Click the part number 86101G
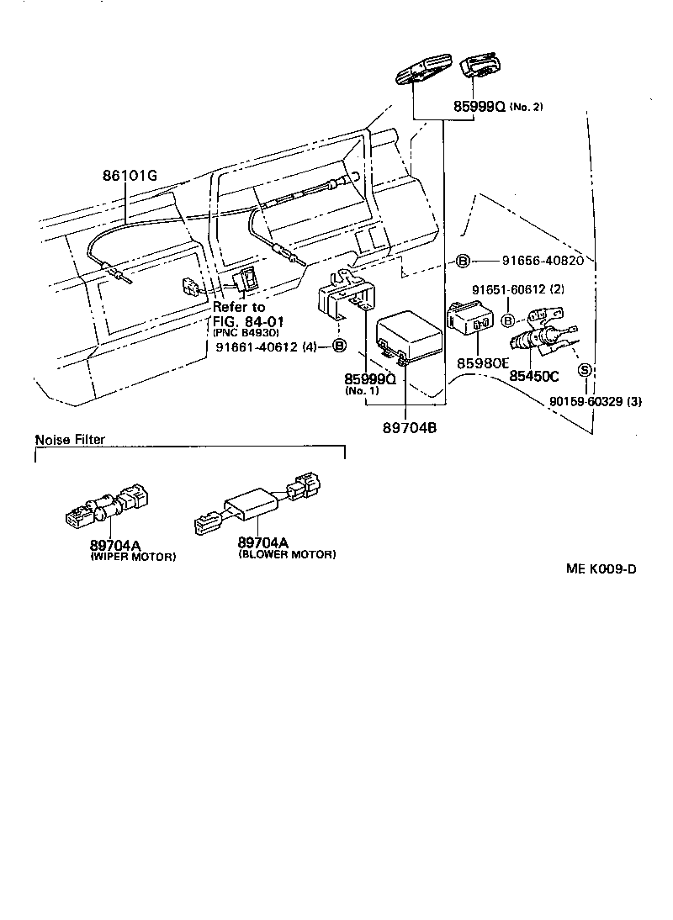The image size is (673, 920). coord(130,176)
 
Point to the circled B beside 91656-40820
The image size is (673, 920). coord(463,261)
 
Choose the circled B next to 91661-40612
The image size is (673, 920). coord(340,346)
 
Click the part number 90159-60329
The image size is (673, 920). coord(587,401)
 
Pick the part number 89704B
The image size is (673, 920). coord(407,426)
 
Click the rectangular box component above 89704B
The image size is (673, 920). coord(410,338)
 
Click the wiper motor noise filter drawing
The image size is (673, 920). coord(106,505)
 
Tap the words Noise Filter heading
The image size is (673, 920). coord(70,440)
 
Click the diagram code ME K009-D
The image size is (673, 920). coord(601,568)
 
